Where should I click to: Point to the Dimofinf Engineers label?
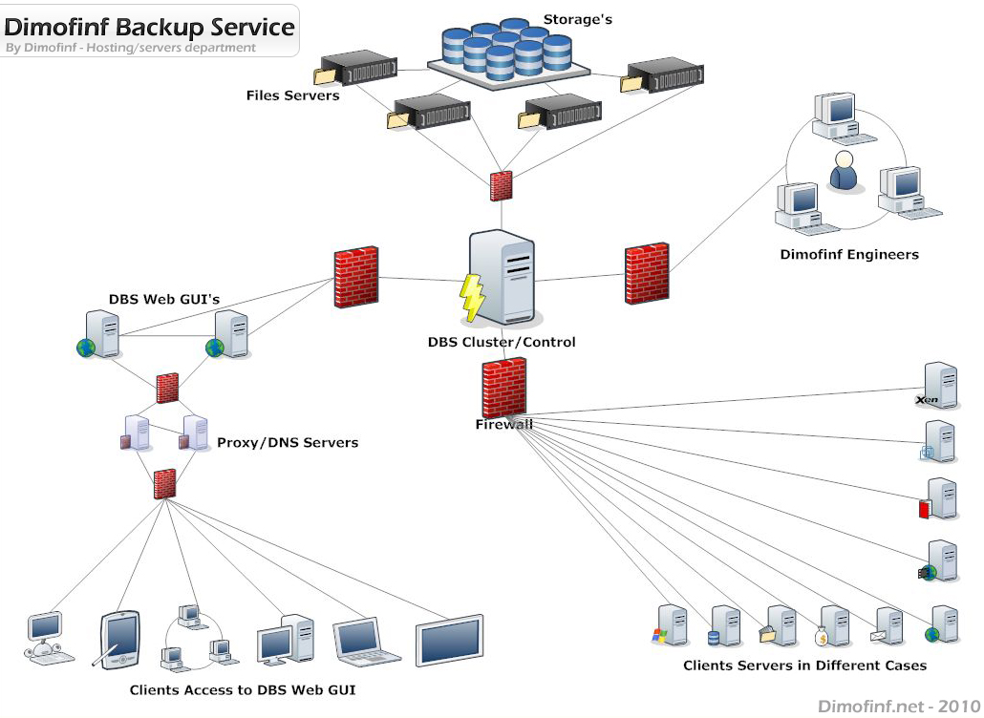coord(848,255)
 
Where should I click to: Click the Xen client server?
coord(938,386)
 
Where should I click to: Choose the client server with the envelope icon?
coord(890,627)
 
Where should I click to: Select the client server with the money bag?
coord(834,627)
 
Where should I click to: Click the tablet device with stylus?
coord(120,640)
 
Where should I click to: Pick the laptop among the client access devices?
coord(367,642)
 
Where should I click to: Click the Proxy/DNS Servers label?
coord(288,443)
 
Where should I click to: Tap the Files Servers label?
coord(292,95)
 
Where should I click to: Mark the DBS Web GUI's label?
coord(164,300)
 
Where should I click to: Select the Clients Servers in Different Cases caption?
coord(804,665)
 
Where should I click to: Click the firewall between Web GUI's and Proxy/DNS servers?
coord(167,387)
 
